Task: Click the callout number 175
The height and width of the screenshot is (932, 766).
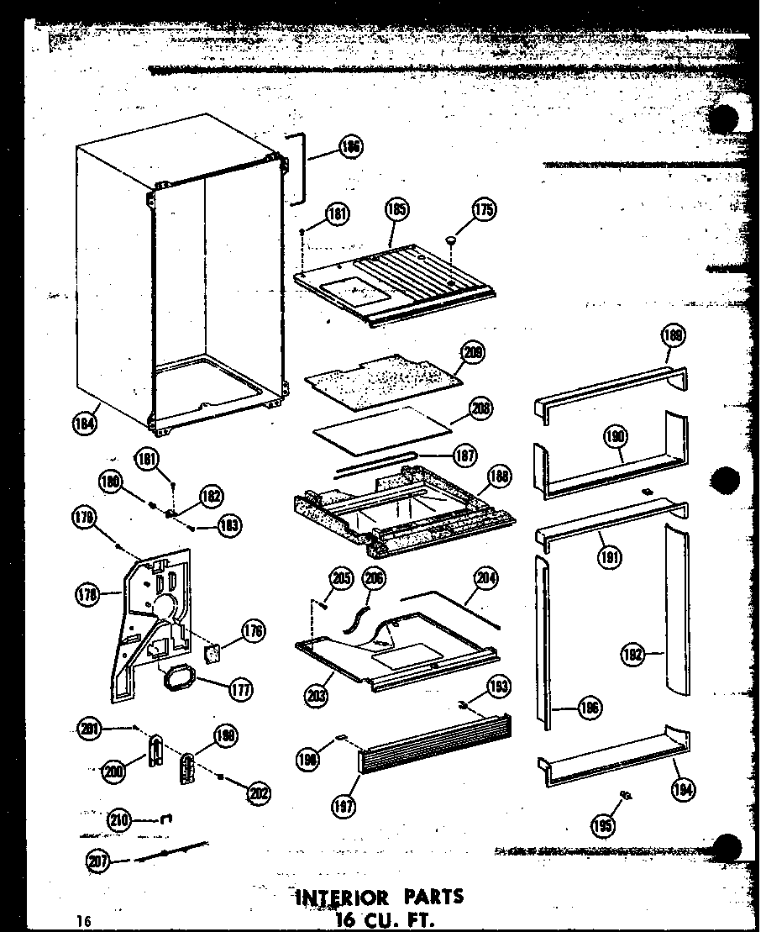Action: click(x=485, y=211)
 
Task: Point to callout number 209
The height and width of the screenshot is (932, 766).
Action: click(x=473, y=352)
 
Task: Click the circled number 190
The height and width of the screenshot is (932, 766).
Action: click(x=616, y=436)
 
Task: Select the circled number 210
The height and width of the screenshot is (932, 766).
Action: click(x=120, y=819)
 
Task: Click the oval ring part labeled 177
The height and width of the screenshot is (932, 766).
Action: click(x=177, y=677)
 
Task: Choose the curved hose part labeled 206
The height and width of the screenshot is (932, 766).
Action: click(x=358, y=619)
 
